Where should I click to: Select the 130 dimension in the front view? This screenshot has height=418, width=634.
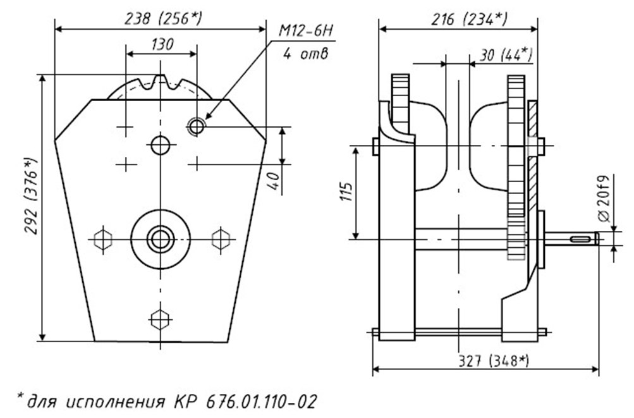point(162,44)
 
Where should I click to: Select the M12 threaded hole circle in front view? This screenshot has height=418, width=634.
point(197,127)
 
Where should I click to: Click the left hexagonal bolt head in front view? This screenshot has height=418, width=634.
point(103,239)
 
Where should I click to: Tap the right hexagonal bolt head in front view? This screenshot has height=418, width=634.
point(220,239)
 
